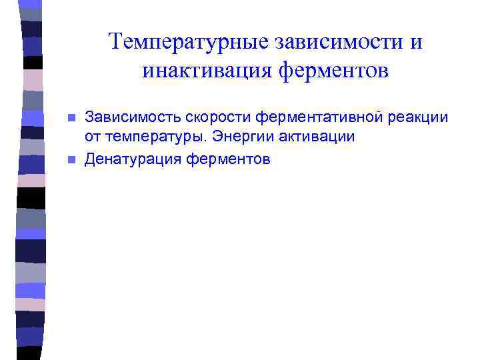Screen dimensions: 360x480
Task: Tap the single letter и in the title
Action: [x=416, y=43]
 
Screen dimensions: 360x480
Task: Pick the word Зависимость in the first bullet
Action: [x=128, y=118]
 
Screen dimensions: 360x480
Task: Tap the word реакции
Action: [x=415, y=118]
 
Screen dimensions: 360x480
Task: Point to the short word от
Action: [x=91, y=137]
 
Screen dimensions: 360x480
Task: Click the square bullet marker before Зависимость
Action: [x=72, y=119]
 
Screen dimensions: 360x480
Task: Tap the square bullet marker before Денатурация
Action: [x=72, y=160]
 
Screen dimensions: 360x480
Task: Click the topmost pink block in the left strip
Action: [x=32, y=79]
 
